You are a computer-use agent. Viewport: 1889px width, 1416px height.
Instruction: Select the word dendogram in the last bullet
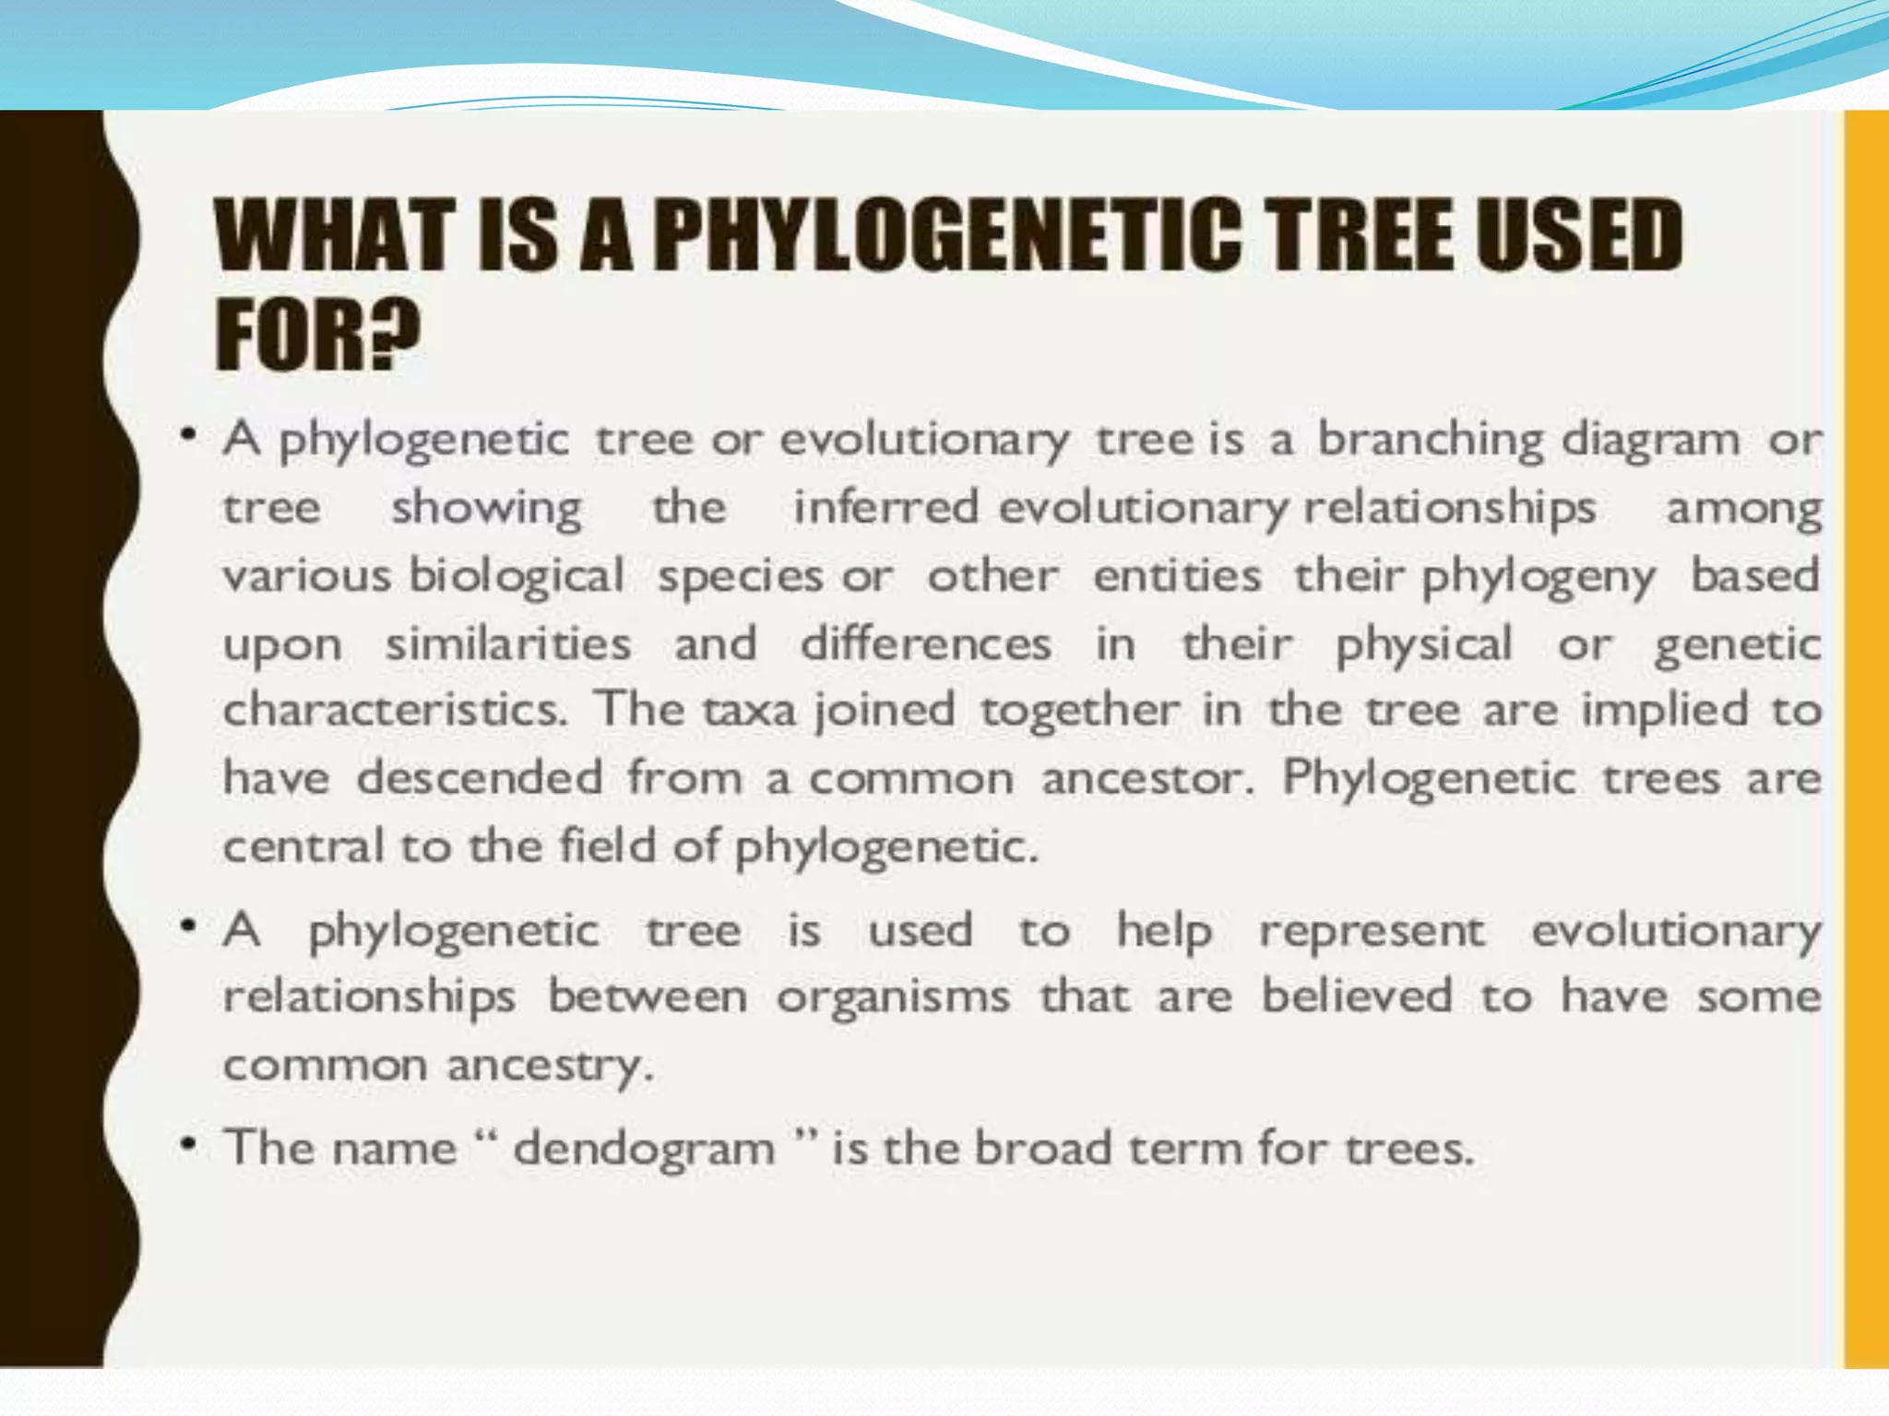pos(644,1150)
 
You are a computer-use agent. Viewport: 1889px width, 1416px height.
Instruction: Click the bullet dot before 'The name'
pos(188,1146)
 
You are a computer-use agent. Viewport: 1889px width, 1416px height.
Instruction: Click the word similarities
pos(508,643)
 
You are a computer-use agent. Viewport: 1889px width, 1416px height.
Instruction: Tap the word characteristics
pos(395,710)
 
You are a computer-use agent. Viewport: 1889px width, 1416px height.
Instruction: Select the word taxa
pos(749,711)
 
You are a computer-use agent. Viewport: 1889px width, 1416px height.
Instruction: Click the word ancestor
pos(1147,779)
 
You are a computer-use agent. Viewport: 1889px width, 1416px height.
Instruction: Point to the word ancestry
pos(550,1067)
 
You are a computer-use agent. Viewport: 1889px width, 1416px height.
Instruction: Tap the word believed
pos(1357,997)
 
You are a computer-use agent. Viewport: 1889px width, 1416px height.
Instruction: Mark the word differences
pos(925,643)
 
